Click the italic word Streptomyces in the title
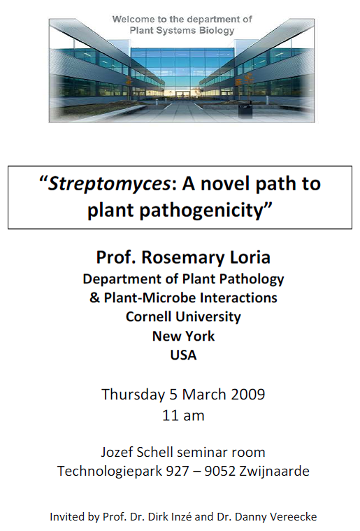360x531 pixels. click(x=109, y=184)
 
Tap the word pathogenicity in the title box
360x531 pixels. click(x=201, y=211)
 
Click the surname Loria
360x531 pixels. click(x=250, y=257)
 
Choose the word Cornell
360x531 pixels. click(x=148, y=317)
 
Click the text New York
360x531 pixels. click(x=183, y=336)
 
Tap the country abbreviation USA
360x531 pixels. click(x=183, y=355)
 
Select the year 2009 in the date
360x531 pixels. click(x=248, y=394)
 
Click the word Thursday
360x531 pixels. click(x=133, y=395)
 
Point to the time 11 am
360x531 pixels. click(x=183, y=416)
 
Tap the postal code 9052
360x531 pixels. click(x=220, y=472)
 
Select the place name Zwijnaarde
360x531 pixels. click(x=274, y=472)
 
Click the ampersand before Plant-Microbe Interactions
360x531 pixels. click(x=95, y=297)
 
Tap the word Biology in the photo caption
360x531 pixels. click(x=217, y=31)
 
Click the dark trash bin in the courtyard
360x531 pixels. click(x=245, y=111)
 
